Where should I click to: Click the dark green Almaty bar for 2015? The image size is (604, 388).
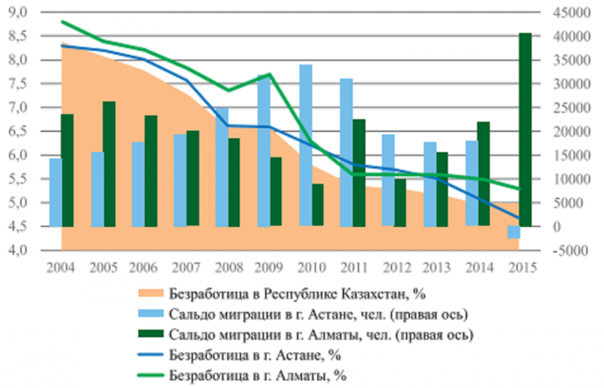(x=524, y=129)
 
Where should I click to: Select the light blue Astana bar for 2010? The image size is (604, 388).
(x=306, y=145)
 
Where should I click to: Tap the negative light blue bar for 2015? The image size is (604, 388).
(x=513, y=232)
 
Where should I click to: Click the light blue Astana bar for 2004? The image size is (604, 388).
(x=55, y=192)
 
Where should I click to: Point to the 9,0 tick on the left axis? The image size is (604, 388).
(x=16, y=12)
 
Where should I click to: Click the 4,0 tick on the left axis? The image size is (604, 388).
(x=16, y=250)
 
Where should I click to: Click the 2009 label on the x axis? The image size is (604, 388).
(x=269, y=266)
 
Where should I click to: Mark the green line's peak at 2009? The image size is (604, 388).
(x=270, y=74)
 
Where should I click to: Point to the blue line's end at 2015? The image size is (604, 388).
(x=519, y=218)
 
